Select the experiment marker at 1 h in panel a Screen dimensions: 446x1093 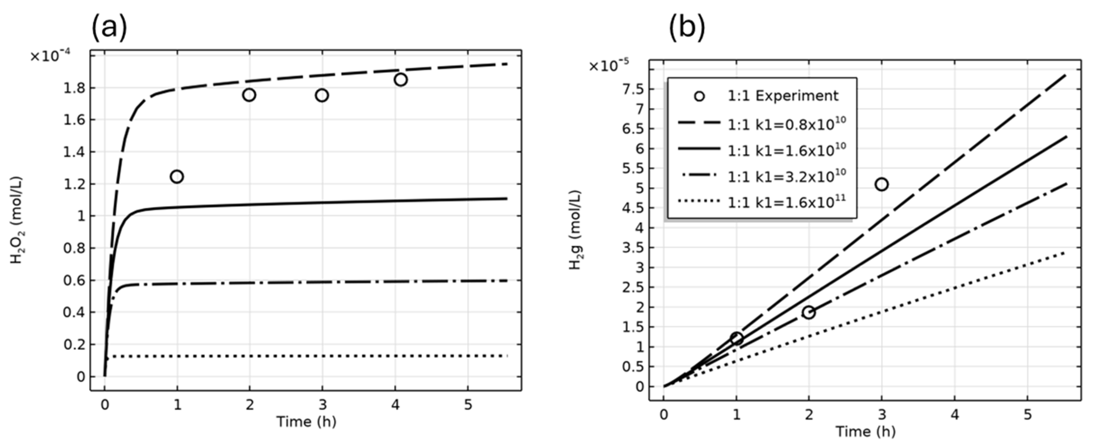[177, 176]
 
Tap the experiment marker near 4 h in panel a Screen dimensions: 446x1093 [400, 80]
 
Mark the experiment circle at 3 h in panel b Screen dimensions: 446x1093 [882, 184]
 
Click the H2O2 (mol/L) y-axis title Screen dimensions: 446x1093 [17, 221]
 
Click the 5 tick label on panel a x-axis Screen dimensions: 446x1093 [468, 405]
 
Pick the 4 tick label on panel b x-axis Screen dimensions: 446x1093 [955, 415]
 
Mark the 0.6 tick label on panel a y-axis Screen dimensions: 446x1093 [74, 281]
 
